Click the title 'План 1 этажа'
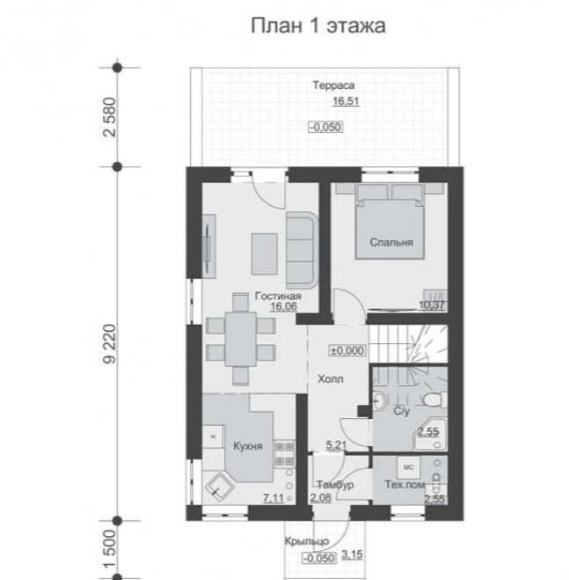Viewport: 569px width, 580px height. click(318, 26)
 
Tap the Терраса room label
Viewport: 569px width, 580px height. click(333, 85)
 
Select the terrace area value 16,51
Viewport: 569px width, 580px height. click(346, 101)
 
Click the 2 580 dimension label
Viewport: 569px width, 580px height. click(110, 117)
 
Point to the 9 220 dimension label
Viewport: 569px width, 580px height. click(110, 344)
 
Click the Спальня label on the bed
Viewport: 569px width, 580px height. click(391, 242)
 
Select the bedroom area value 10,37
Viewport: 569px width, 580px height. click(432, 305)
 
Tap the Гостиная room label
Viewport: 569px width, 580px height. click(278, 296)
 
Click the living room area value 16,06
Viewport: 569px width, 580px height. click(283, 306)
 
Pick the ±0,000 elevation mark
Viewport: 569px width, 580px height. click(347, 350)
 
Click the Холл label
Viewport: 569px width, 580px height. click(331, 378)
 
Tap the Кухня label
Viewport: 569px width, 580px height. click(248, 446)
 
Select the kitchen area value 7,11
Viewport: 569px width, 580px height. click(274, 498)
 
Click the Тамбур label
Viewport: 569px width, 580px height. click(335, 485)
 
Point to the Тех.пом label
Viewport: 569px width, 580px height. click(405, 485)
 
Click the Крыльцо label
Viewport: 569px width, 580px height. click(307, 541)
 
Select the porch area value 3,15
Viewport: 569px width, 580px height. click(352, 554)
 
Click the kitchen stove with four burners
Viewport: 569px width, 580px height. click(284, 454)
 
